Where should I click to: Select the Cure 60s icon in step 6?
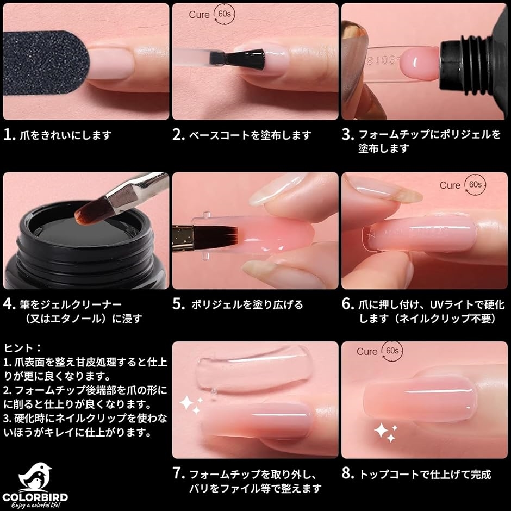[x=463, y=185]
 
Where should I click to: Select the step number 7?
[x=179, y=473]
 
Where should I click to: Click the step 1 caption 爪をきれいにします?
[x=65, y=134]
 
